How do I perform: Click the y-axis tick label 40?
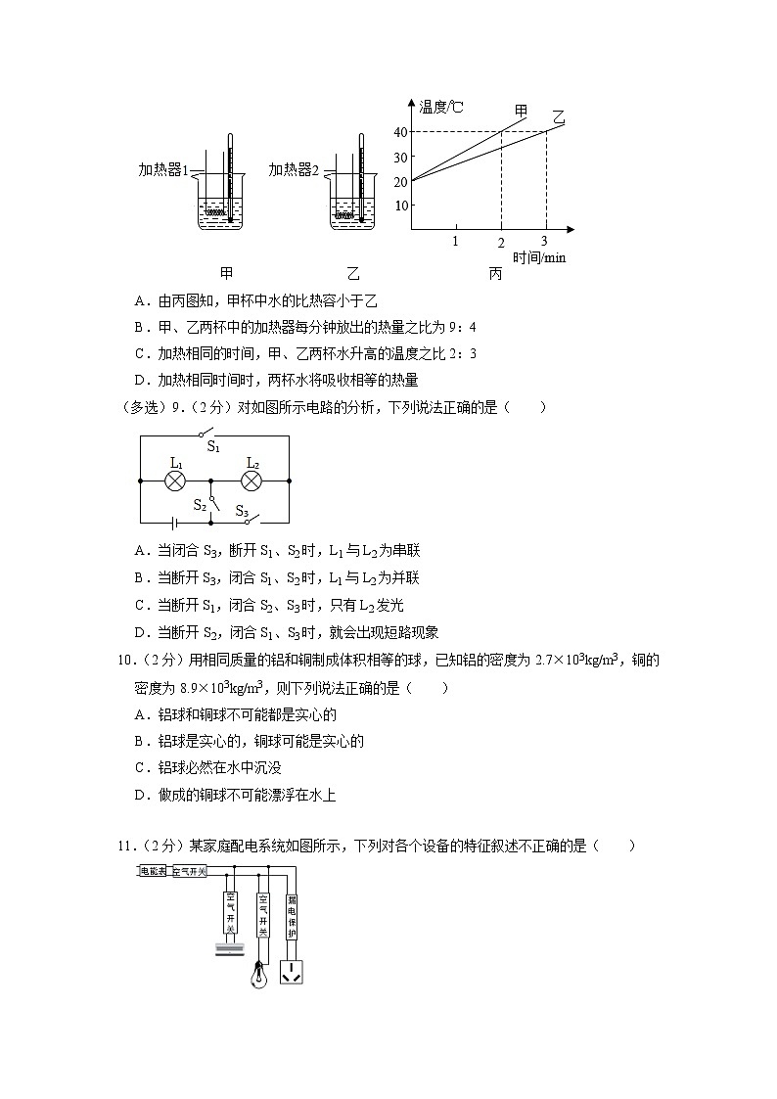pyautogui.click(x=401, y=132)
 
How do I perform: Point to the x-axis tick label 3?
pyautogui.click(x=544, y=241)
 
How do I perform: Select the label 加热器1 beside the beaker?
pyautogui.click(x=162, y=170)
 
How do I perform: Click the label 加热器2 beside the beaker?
pyautogui.click(x=295, y=170)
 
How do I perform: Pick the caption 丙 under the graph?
pyautogui.click(x=495, y=274)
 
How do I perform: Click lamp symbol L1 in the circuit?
pyautogui.click(x=176, y=481)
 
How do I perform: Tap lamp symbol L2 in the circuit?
pyautogui.click(x=251, y=481)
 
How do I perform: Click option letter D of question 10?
pyautogui.click(x=140, y=796)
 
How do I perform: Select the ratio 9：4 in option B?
pyautogui.click(x=460, y=327)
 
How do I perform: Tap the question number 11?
pyautogui.click(x=124, y=847)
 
